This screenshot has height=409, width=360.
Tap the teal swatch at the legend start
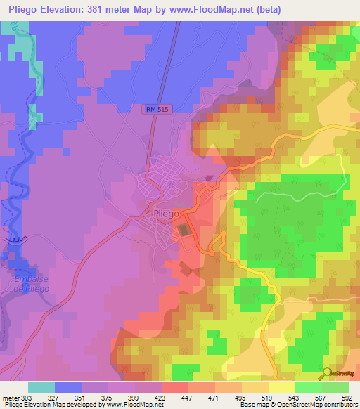click(x=41, y=387)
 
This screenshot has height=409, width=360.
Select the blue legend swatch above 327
click(x=68, y=387)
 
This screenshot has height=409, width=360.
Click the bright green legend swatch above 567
click(x=308, y=387)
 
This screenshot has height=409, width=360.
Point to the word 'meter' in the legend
click(x=11, y=398)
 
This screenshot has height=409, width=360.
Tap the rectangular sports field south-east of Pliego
click(x=184, y=230)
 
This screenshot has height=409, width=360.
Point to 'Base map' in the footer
click(x=252, y=405)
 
